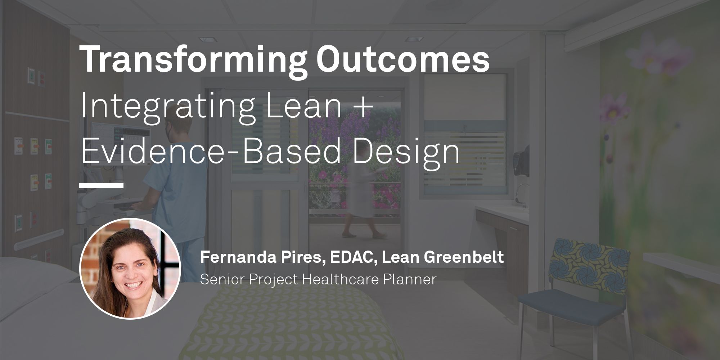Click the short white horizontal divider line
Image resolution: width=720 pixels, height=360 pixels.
[x=102, y=185]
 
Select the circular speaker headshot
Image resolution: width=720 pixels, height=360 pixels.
[x=130, y=268]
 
